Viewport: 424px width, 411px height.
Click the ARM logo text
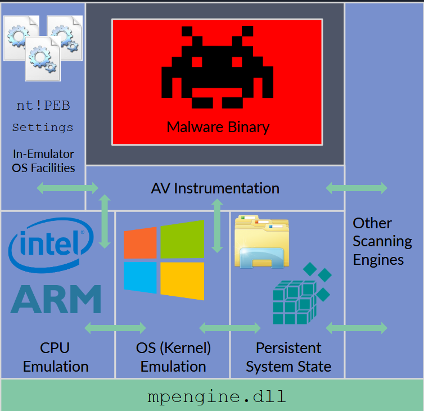[56, 299]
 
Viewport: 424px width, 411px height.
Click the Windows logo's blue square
[140, 278]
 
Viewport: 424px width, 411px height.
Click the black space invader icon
[217, 71]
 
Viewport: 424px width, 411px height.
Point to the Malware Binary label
[218, 127]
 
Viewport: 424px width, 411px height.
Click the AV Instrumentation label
[215, 188]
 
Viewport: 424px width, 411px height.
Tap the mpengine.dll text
[216, 396]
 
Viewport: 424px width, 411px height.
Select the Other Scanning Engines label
[382, 241]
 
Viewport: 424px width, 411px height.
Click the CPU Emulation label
[56, 357]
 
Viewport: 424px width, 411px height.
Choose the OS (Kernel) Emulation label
[173, 357]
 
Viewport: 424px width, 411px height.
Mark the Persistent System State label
[288, 357]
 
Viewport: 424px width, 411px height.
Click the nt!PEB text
[43, 105]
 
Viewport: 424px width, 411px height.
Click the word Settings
[43, 128]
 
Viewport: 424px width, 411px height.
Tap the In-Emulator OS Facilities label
[43, 160]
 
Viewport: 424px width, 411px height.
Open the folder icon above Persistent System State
[261, 241]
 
